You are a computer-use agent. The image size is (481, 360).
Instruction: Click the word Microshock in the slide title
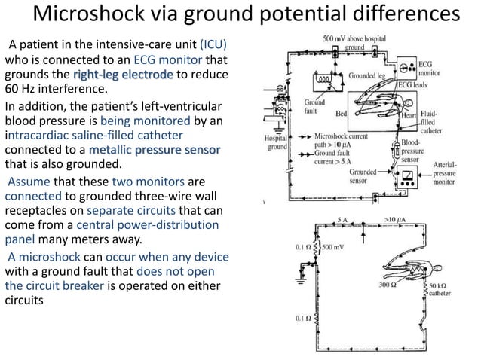[88, 13]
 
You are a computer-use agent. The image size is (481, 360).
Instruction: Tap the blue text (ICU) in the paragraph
[213, 44]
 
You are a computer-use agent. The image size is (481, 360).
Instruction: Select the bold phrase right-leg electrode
[123, 75]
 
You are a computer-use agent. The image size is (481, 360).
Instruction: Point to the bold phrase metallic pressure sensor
[155, 150]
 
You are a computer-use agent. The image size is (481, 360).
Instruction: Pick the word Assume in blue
[29, 182]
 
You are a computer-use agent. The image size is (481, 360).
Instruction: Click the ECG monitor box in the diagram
[407, 68]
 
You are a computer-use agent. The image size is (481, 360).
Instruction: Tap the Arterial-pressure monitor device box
[407, 178]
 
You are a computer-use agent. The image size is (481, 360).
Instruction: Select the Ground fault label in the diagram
[314, 106]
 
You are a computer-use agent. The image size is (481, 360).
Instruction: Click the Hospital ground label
[276, 142]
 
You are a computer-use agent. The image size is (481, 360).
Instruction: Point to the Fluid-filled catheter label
[430, 122]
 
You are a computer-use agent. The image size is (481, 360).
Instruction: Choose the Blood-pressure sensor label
[412, 151]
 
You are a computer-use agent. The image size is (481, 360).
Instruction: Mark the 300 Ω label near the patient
[388, 285]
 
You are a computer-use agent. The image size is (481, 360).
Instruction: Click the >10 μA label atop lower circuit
[395, 219]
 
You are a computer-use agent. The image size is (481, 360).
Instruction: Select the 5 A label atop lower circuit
[342, 220]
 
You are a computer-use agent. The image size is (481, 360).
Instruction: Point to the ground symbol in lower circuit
[301, 280]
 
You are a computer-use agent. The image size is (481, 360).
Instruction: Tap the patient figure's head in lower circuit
[437, 269]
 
